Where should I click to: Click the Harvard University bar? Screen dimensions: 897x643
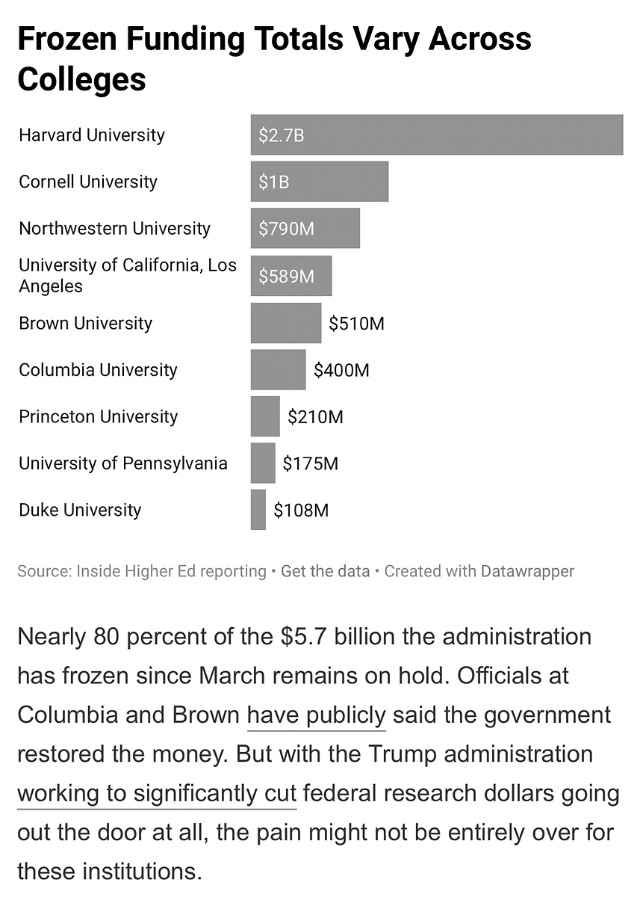tap(437, 135)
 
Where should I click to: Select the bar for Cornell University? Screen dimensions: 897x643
tap(320, 182)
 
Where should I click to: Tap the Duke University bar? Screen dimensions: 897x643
tap(258, 510)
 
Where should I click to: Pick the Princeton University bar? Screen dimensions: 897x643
tap(265, 416)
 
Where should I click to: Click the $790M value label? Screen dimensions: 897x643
tap(287, 229)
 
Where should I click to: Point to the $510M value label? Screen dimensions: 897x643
tap(356, 324)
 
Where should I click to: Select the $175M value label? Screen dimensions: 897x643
tap(310, 463)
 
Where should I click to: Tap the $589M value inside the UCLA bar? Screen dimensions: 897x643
tap(286, 277)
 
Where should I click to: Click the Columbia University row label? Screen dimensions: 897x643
tap(98, 370)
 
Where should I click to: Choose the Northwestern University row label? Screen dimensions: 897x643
tap(114, 229)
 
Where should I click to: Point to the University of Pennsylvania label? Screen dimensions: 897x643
tap(122, 463)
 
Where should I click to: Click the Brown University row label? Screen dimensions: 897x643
tap(85, 324)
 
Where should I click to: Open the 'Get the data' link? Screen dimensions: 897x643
tap(325, 572)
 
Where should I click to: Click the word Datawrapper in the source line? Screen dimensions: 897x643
tap(527, 572)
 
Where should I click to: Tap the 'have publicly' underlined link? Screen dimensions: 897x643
tap(316, 715)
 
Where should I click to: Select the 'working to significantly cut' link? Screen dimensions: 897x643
tap(157, 793)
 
